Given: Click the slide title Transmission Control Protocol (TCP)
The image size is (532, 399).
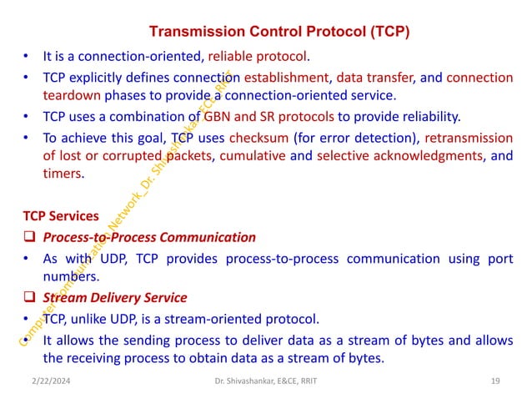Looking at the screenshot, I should pyautogui.click(x=279, y=33).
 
